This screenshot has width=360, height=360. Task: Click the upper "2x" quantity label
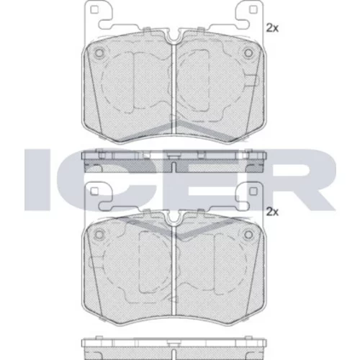coord(272,28)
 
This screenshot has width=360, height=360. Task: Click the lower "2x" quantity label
coord(272,212)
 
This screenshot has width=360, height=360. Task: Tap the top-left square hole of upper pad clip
coord(94,10)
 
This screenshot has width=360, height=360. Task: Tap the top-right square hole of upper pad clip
coord(253,9)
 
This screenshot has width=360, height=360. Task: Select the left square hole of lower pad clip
coord(94,191)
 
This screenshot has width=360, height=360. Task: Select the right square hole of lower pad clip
coord(253,191)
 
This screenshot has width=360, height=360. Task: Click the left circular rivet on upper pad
coord(99,53)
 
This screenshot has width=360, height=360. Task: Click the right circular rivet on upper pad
coord(248,53)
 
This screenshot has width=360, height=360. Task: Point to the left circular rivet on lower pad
coord(99,234)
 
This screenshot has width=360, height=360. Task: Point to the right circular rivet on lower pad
coord(248,234)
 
